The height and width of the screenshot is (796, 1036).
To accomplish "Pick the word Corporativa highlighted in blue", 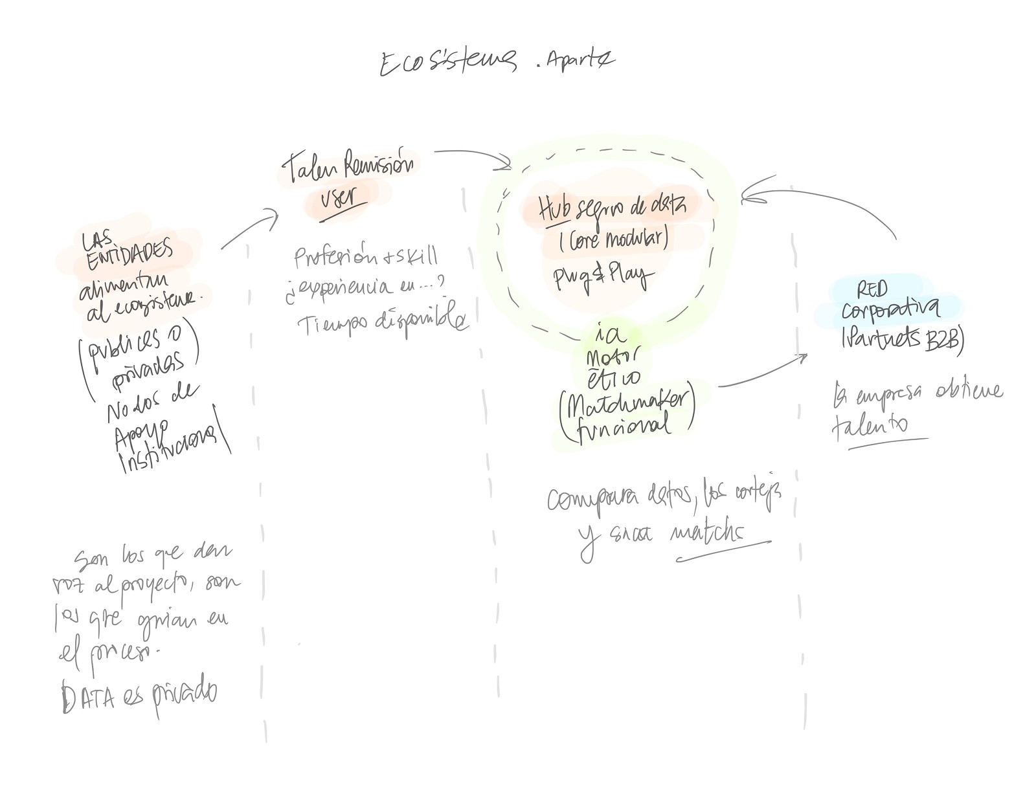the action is [890, 309].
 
